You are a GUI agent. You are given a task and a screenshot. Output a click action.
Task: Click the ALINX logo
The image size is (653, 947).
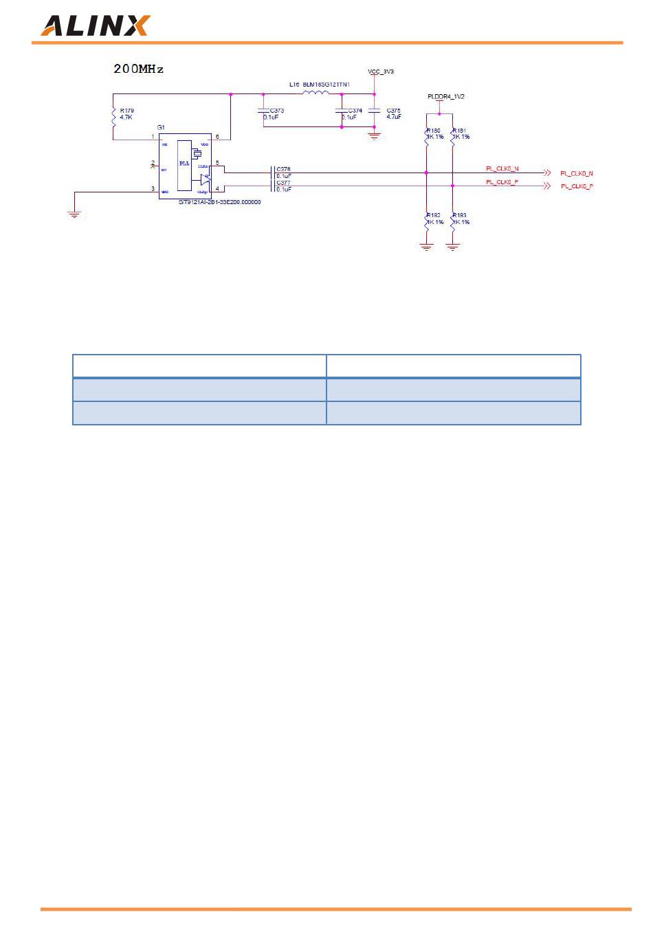coord(95,25)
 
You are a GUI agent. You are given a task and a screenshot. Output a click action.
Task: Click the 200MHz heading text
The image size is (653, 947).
coord(138,69)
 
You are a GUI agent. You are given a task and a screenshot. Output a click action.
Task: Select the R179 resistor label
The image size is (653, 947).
coord(127,110)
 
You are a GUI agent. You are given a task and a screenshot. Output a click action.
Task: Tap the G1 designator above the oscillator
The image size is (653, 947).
coord(161,128)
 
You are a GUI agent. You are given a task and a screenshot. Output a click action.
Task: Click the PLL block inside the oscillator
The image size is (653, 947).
coord(184,164)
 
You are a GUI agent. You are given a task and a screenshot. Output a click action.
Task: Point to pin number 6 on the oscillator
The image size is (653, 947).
coord(218,137)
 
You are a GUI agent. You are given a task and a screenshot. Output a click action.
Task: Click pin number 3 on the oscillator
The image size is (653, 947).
coord(153,188)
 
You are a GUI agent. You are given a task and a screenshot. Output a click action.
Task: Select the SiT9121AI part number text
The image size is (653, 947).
coord(219,203)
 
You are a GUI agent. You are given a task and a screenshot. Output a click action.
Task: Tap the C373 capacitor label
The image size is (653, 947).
coord(277,111)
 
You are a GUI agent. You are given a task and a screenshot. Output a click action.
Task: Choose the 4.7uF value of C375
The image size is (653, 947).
coord(394,118)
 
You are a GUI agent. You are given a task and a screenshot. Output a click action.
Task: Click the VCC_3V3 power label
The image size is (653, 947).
coord(381,71)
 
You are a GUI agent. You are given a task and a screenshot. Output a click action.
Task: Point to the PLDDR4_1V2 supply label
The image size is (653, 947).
coord(445,97)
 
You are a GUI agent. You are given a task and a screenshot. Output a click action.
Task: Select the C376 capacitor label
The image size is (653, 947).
coord(283,169)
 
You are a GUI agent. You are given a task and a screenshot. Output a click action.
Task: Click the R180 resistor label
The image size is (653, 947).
coord(434,130)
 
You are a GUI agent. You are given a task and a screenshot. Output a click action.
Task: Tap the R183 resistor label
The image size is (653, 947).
coord(460,215)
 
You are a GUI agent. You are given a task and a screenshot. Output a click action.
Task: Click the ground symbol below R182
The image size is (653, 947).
coord(427,247)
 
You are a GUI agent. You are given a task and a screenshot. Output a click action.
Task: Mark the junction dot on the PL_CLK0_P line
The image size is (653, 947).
coord(452,186)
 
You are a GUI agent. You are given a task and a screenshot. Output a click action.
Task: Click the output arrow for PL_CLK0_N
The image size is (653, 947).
coord(547,172)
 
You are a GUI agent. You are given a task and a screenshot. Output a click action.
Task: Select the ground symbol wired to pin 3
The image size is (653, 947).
coord(74,214)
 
